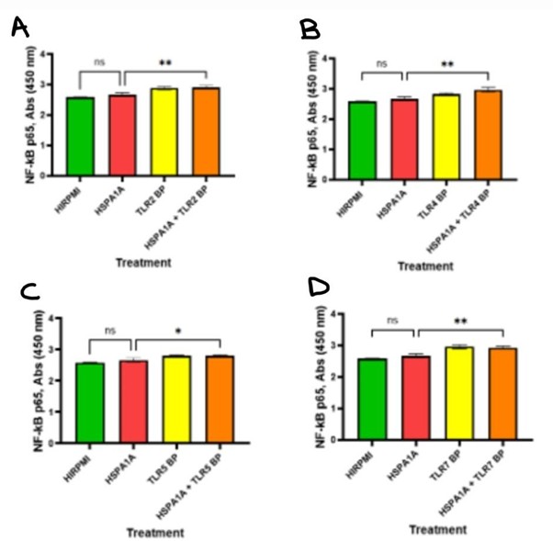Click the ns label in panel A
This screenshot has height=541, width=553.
coord(100,62)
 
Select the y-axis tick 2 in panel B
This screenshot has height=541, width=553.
coord(348,117)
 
